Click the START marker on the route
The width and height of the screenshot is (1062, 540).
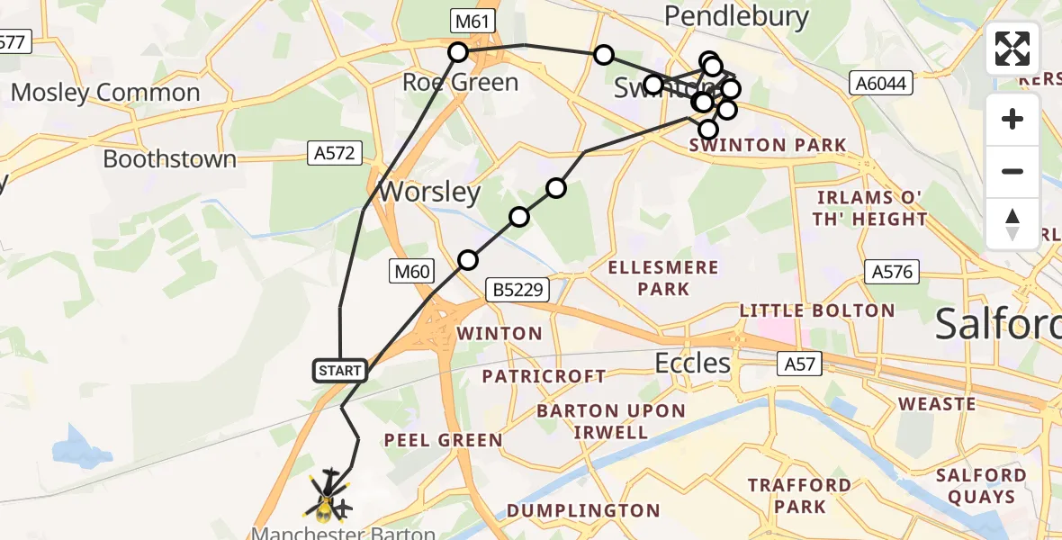click(x=340, y=370)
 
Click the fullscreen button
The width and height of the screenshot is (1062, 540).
click(x=1012, y=49)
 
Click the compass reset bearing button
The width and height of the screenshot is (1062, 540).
click(x=1012, y=223)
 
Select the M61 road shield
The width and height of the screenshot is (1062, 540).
click(x=473, y=20)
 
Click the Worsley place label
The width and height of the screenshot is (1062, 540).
click(x=429, y=193)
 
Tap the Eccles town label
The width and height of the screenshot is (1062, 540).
click(x=692, y=363)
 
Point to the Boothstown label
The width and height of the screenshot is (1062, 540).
click(x=169, y=159)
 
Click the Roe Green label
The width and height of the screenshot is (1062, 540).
click(x=460, y=83)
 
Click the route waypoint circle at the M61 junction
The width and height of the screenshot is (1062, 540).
click(x=458, y=52)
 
